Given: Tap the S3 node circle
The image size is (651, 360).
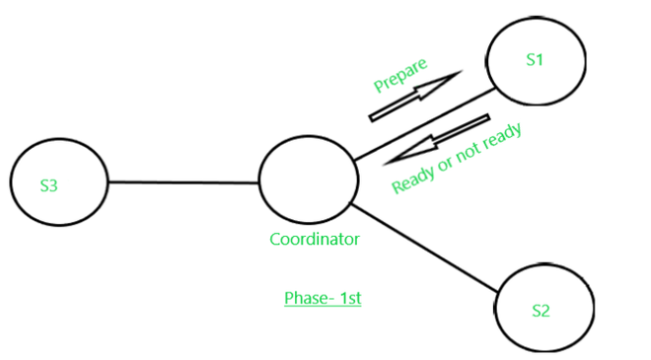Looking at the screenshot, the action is [57, 184].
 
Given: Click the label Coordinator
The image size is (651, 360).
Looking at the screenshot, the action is [315, 239].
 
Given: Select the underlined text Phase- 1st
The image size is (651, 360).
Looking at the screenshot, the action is [322, 298].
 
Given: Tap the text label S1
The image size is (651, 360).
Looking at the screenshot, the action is [535, 59].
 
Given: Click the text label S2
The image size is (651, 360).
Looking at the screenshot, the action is [541, 311].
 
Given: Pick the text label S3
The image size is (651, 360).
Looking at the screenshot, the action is [49, 184].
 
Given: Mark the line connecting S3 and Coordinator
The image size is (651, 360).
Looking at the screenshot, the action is [182, 182].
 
